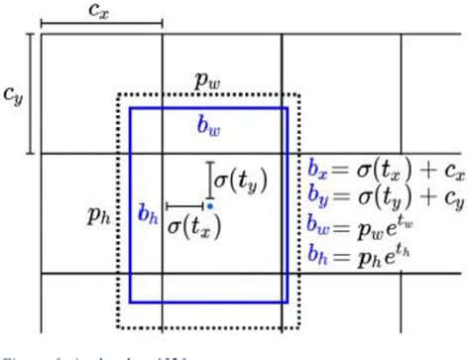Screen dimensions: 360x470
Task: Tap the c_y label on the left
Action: (12, 96)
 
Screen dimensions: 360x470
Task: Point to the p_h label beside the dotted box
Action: (97, 212)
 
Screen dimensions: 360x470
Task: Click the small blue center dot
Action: (210, 205)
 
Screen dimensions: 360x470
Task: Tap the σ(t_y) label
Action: (242, 180)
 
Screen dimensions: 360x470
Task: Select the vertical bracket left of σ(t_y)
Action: (209, 180)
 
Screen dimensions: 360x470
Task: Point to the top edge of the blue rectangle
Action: (208, 108)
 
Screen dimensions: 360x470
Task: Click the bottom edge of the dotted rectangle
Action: (208, 327)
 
